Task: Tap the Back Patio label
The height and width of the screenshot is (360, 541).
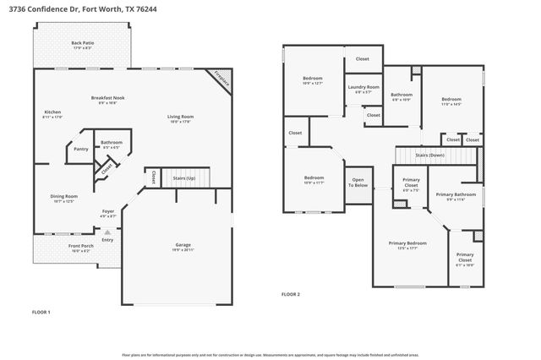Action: tap(81, 44)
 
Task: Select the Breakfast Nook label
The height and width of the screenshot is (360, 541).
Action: tap(107, 100)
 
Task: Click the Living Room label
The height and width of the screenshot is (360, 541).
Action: tap(181, 118)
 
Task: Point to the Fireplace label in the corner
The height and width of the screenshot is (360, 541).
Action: tap(221, 79)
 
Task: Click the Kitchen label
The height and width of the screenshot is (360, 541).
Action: tap(52, 113)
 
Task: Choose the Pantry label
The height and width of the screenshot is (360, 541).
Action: tap(81, 150)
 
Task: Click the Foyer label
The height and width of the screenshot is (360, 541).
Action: tap(108, 212)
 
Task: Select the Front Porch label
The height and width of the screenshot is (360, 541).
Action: tap(80, 247)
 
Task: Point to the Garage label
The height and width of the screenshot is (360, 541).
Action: tap(183, 246)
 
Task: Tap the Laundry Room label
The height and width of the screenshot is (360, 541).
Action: tap(363, 88)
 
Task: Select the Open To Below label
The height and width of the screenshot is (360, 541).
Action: tap(358, 182)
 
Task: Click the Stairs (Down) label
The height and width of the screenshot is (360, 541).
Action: tap(430, 155)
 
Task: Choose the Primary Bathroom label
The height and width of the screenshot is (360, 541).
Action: tap(456, 196)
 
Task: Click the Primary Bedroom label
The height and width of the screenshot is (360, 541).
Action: tap(408, 245)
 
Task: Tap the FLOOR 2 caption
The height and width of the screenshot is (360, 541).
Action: tap(291, 295)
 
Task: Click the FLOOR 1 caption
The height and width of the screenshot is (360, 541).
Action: tap(41, 313)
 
